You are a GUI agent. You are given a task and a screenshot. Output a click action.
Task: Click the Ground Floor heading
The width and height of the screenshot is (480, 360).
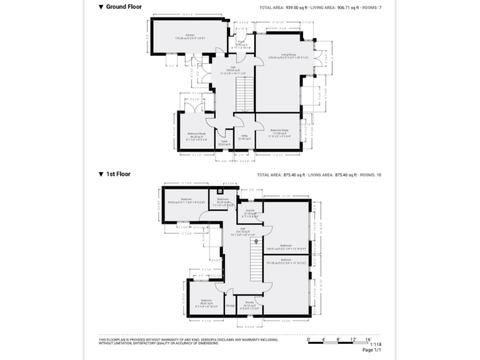pos(123,7)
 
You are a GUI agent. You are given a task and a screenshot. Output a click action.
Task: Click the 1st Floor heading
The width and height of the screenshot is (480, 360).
pos(117,174)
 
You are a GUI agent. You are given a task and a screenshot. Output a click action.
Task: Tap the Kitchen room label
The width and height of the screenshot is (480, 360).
pos(189,35)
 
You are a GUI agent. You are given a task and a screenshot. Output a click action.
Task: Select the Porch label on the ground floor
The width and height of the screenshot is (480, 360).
pos(240,42)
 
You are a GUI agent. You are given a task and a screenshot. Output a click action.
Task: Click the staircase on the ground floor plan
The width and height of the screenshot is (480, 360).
pos(245,94)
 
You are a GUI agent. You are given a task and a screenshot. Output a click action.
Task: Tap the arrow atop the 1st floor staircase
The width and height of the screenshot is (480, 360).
pos(255,239)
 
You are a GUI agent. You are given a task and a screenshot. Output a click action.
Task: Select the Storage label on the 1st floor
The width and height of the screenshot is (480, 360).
pos(230,306)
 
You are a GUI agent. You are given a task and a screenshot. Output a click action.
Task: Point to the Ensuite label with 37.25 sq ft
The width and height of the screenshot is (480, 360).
pos(249,211)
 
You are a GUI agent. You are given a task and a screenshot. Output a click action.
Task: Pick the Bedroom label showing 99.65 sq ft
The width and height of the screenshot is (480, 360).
pos(186,199)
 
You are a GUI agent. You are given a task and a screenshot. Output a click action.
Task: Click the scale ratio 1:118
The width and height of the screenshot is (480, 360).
pos(375,344)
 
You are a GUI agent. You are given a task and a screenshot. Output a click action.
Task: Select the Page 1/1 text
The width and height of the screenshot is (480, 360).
pos(372,350)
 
